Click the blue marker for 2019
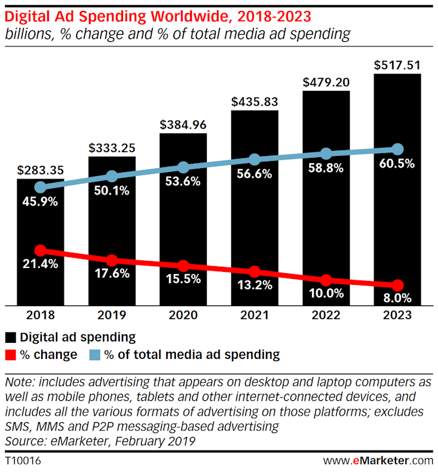112,176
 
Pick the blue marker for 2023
397,150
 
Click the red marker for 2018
41,250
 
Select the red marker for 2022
326,280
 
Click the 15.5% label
184,280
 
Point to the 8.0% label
397,298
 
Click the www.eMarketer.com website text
378,460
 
